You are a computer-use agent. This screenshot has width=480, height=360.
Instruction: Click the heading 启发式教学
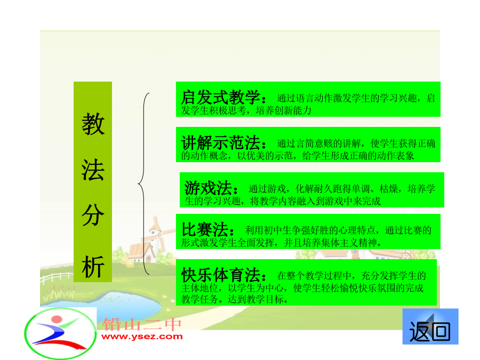click(221, 98)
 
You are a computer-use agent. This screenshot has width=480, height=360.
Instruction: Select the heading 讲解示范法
click(221, 142)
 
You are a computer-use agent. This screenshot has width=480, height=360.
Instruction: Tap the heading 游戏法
click(208, 188)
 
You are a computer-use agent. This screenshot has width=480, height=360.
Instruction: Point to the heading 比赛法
click(205, 229)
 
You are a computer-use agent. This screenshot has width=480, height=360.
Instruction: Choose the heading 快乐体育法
click(221, 275)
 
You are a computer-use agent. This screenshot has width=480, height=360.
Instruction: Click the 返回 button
click(430, 326)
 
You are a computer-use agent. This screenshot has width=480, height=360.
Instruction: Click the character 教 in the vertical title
click(93, 124)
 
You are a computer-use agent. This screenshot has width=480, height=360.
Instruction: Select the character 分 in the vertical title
click(93, 215)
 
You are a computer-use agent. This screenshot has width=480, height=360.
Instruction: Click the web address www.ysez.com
click(142, 337)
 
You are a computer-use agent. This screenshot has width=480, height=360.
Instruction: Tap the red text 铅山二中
click(142, 324)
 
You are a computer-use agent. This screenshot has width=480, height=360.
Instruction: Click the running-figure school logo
click(60, 333)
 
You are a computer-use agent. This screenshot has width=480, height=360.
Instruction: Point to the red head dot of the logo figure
click(57, 319)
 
